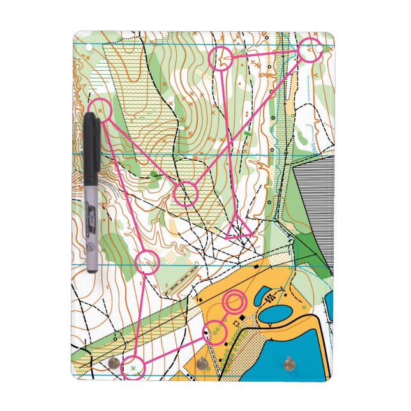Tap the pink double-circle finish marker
234,301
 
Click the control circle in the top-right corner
309,50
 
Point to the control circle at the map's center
186,193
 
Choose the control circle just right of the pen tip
147,262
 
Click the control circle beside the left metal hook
134,368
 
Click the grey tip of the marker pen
92,264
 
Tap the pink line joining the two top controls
264,54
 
